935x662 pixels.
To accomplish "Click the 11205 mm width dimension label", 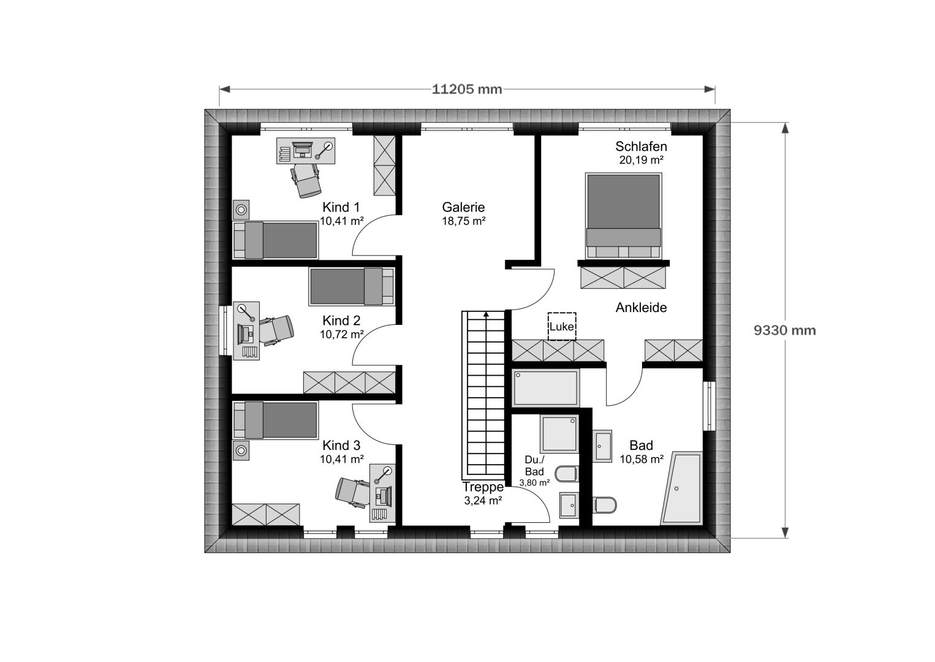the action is pyautogui.click(x=467, y=89).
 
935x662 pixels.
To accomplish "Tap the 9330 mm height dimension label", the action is pyautogui.click(x=785, y=330).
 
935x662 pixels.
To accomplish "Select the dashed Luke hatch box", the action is pyautogui.click(x=562, y=326).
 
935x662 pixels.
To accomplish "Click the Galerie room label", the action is pyautogui.click(x=463, y=207).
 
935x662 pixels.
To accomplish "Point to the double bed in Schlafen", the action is pyautogui.click(x=624, y=216).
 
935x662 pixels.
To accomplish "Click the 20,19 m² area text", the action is pyautogui.click(x=641, y=160).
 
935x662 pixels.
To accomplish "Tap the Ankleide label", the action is pyautogui.click(x=641, y=308).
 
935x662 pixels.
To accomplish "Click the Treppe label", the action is pyautogui.click(x=483, y=487).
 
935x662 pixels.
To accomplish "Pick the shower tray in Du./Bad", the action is pyautogui.click(x=559, y=434).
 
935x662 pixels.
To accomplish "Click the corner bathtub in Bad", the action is pyautogui.click(x=681, y=488).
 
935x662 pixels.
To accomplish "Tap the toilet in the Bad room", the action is pyautogui.click(x=604, y=505).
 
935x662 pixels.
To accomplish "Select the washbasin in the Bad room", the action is pyautogui.click(x=602, y=446).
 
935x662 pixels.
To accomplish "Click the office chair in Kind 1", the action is pyautogui.click(x=306, y=180).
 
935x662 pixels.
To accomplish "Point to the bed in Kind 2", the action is pyautogui.click(x=352, y=286).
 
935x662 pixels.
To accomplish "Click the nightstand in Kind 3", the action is pyautogui.click(x=241, y=451).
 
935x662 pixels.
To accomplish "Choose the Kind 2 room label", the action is pyautogui.click(x=341, y=321).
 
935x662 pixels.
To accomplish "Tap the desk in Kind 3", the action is pyautogui.click(x=382, y=493).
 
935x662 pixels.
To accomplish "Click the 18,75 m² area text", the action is pyautogui.click(x=463, y=221).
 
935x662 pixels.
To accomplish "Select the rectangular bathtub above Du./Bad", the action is pyautogui.click(x=545, y=388).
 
